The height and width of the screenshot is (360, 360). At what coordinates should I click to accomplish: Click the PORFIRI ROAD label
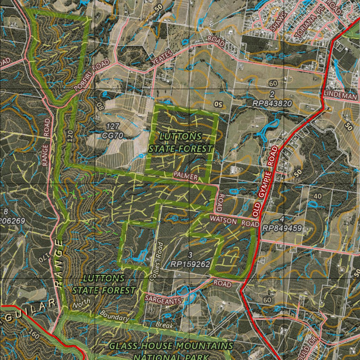[92, 75]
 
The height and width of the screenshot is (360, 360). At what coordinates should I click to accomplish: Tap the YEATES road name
[162, 57]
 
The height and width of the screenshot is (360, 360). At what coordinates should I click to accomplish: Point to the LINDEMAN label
[341, 94]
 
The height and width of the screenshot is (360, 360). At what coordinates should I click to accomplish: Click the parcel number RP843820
[272, 103]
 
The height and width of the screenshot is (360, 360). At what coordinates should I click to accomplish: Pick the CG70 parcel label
[112, 135]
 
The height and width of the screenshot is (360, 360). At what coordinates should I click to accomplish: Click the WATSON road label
[223, 219]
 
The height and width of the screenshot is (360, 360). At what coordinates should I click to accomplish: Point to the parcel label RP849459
[282, 228]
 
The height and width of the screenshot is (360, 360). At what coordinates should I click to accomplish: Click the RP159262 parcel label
[191, 264]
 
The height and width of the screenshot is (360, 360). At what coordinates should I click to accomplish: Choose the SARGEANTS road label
[163, 300]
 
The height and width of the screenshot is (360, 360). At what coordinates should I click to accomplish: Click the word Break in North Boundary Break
[165, 325]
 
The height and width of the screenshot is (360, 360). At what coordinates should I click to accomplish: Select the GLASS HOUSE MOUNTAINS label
[171, 346]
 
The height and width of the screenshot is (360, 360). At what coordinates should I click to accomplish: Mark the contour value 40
[317, 196]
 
